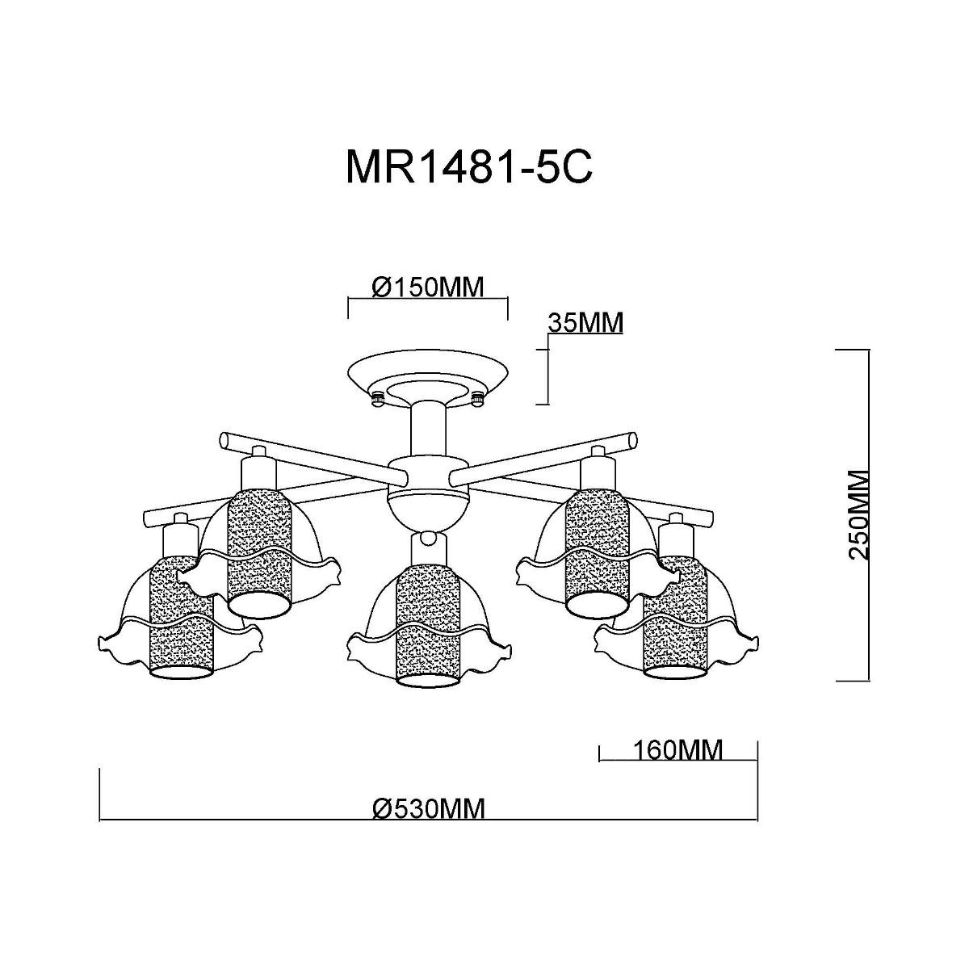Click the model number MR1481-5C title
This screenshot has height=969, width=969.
click(x=469, y=167)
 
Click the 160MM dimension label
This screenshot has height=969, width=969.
click(x=677, y=750)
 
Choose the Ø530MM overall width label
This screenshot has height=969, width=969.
click(x=429, y=808)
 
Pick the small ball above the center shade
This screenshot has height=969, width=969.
click(x=430, y=536)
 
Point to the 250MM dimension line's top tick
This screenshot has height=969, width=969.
click(x=853, y=350)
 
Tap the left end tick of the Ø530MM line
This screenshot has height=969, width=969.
click(x=99, y=795)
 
